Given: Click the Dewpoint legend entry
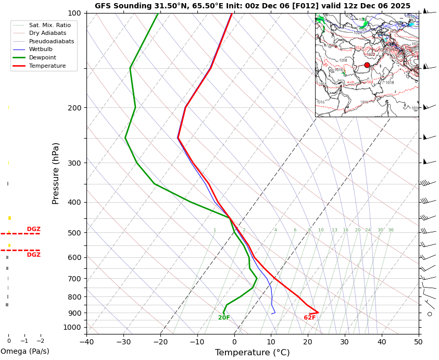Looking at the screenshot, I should pyautogui.click(x=43, y=58).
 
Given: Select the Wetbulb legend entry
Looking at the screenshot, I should pyautogui.click(x=41, y=49).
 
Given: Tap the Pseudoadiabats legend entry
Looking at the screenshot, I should pyautogui.click(x=52, y=41).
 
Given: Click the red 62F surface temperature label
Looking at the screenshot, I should pyautogui.click(x=310, y=318).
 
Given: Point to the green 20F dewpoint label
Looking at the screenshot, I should pyautogui.click(x=224, y=318).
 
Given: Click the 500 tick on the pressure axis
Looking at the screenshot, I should pyautogui.click(x=74, y=233).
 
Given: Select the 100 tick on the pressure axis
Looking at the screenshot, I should pyautogui.click(x=74, y=13).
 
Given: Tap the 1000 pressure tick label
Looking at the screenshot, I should pyautogui.click(x=72, y=327).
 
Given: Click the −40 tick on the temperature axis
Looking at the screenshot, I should pyautogui.click(x=86, y=342).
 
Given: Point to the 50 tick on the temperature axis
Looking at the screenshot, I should pyautogui.click(x=419, y=342).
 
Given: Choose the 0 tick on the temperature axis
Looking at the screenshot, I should pyautogui.click(x=234, y=342).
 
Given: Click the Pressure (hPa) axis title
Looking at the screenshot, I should pyautogui.click(x=56, y=173).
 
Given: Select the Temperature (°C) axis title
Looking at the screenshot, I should pyautogui.click(x=252, y=353).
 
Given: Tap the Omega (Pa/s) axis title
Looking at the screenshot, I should pyautogui.click(x=24, y=352).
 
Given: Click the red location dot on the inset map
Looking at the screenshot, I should pyautogui.click(x=367, y=65).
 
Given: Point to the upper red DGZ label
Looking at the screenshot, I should pyautogui.click(x=33, y=229).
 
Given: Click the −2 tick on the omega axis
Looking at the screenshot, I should pyautogui.click(x=40, y=341).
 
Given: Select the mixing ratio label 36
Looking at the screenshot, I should pyautogui.click(x=391, y=230).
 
